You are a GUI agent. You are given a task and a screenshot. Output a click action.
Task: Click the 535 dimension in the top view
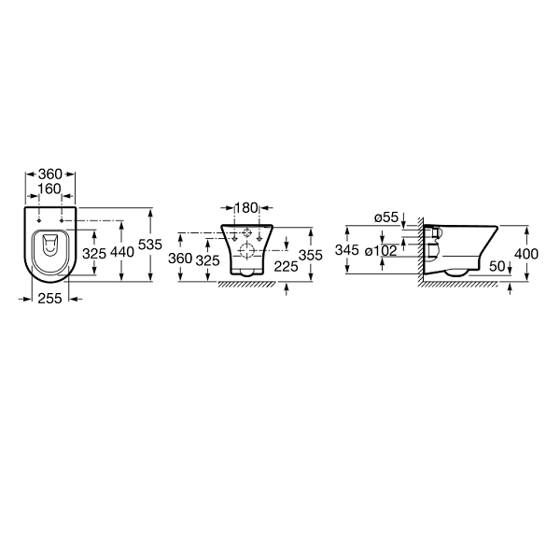[150, 245]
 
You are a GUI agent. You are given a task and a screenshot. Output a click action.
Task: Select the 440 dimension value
[122, 252]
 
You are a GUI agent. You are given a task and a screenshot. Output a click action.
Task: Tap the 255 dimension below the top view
[50, 299]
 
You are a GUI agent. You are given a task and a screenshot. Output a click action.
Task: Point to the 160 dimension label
[49, 189]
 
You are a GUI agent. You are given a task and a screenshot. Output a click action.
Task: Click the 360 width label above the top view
[50, 174]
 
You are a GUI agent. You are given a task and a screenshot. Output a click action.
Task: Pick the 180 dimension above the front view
[246, 207]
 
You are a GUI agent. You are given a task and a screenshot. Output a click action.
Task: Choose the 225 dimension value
[286, 266]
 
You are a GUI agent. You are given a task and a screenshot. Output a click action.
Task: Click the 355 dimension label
[311, 255]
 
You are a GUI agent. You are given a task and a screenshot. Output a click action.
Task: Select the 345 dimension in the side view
[347, 250]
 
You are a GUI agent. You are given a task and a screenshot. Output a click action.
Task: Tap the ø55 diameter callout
[386, 217]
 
